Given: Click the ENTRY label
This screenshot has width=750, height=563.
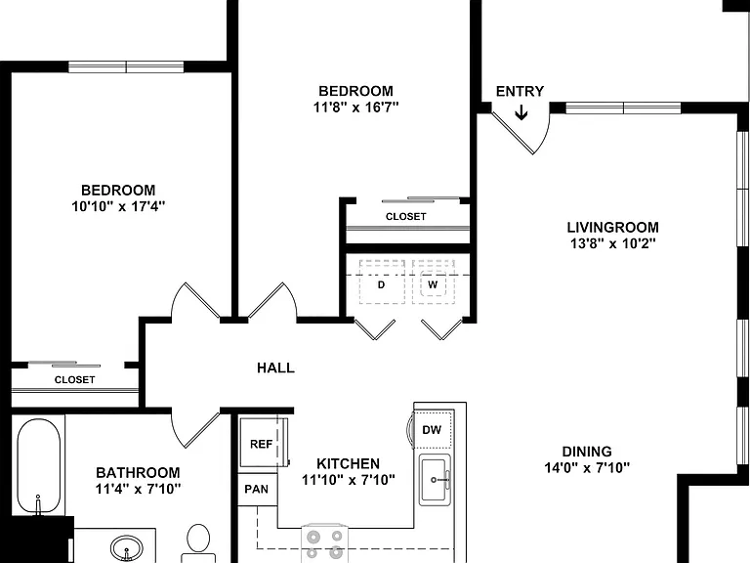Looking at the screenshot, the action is coord(520,91).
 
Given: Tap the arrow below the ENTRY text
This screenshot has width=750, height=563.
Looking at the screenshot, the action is coord(521,113).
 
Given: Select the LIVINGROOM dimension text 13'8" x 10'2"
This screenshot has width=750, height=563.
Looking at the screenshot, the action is coord(612,243).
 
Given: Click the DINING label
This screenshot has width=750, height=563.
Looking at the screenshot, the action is coord(586,452).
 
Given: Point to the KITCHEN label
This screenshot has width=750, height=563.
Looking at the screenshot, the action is coord(349,463).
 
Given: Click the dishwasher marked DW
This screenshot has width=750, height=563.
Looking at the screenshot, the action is coord(433,429).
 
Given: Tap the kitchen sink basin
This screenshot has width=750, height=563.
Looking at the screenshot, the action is coord(435,480).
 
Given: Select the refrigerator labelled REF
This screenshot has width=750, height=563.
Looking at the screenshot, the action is coord(264,443).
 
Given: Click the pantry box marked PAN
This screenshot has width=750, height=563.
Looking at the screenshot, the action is coord(258,490).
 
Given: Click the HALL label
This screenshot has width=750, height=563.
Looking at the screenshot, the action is coord(275,368).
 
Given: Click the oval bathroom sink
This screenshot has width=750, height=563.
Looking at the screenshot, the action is coord(127,548).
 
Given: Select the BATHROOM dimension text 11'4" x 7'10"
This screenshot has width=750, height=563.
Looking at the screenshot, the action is coord(138,489).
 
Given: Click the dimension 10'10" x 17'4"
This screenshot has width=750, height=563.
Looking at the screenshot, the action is coord(118,206).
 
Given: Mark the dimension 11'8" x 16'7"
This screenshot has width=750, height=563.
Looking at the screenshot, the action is coord(355,107).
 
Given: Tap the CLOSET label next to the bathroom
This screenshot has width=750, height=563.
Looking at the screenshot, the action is coord(74,379).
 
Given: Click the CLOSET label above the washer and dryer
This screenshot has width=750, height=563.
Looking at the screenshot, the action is coord(405,216).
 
